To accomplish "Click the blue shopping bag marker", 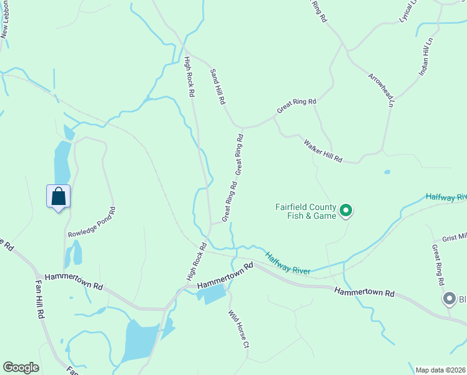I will pos(58,197).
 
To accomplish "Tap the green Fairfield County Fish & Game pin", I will pos(345,211).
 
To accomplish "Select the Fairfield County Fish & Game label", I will pos(306,211).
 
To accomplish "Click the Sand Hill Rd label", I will pos(217,86).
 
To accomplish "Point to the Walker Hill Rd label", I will pos(323,151).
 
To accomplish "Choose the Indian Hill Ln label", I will pos(426,56).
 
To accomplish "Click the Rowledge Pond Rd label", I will pos(91,222).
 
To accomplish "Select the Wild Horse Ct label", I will pos(238,329).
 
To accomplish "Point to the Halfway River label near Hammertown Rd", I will pos(288,263).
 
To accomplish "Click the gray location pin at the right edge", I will pos(449,299).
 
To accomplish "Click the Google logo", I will pos(21,367).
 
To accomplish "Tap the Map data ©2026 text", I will pos(441,370).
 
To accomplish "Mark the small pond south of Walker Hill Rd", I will pos(388,172).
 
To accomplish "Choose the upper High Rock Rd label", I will pos(190,76).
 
